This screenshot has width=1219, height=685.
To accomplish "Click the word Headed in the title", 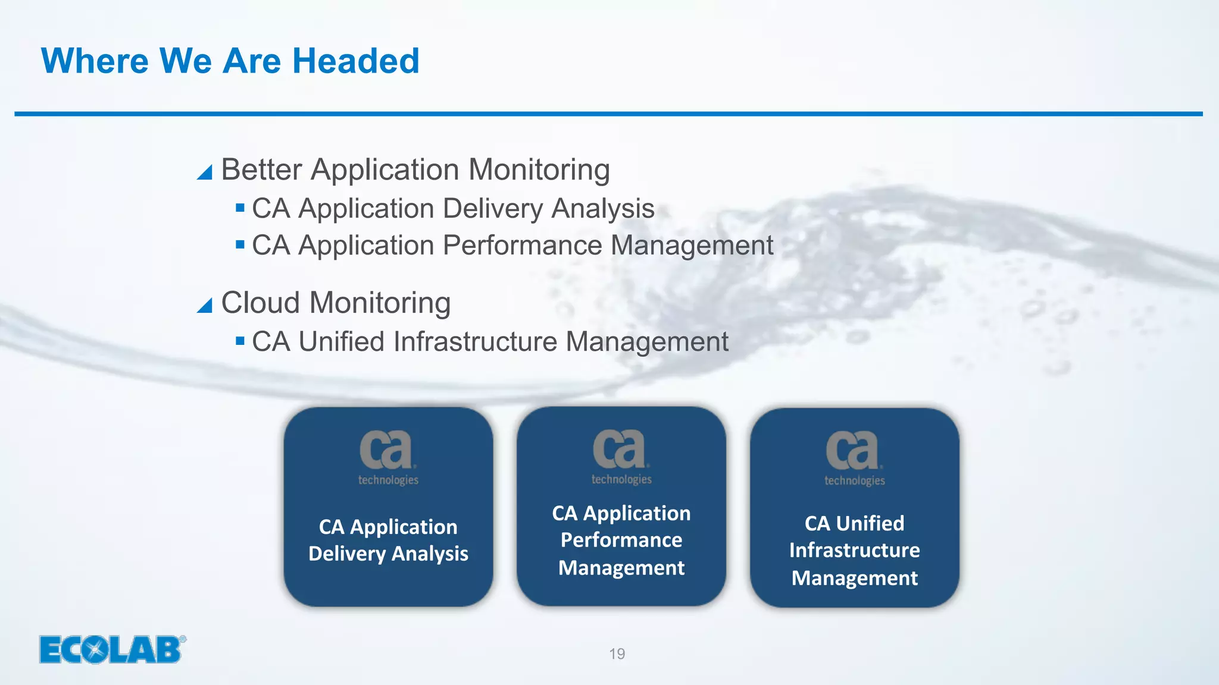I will tap(355, 61).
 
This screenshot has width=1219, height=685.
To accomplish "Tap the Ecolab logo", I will tap(112, 649).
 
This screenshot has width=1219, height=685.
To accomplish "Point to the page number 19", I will tap(617, 654).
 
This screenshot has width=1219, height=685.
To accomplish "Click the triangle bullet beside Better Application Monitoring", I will tap(205, 172).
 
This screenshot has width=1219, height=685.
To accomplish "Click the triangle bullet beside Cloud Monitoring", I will tap(205, 306).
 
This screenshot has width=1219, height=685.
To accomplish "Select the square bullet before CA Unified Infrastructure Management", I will tap(240, 341).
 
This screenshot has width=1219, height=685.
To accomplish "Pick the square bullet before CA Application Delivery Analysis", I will tap(240, 208).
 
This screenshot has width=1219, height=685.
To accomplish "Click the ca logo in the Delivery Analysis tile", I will tap(386, 450).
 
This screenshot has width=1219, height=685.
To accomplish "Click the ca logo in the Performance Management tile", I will tap(620, 449).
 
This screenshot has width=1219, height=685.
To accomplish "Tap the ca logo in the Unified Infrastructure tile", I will tap(853, 450).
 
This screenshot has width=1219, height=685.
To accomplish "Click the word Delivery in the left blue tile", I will tap(346, 554).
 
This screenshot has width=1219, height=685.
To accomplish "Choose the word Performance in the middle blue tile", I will tap(621, 541).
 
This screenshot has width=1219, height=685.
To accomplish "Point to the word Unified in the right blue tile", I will tap(870, 524).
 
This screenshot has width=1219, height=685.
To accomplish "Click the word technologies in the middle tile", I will tap(621, 479).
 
